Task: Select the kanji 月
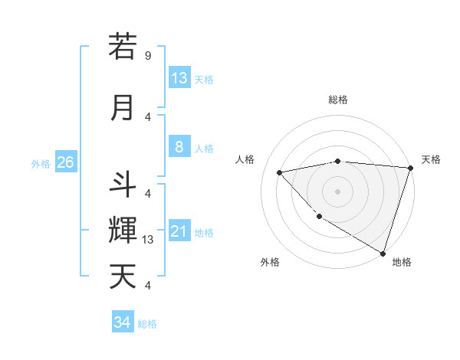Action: (x=123, y=107)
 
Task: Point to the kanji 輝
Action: (x=123, y=230)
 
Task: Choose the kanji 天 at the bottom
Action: (x=123, y=276)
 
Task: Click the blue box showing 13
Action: (x=179, y=78)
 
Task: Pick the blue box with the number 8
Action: (x=179, y=148)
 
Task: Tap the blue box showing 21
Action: (x=179, y=232)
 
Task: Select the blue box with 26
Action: (x=65, y=162)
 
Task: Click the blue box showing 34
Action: (x=122, y=323)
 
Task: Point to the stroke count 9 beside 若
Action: (x=148, y=55)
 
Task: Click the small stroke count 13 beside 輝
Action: (x=148, y=240)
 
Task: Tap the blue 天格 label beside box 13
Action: (x=204, y=79)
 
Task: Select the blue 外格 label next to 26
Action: (x=41, y=163)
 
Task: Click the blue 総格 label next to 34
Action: (x=147, y=324)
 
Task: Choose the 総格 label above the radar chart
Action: (x=338, y=100)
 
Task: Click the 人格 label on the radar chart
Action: (x=245, y=159)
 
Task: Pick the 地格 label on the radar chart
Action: (x=402, y=262)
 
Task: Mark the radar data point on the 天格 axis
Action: (x=410, y=168)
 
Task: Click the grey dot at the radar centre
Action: (x=338, y=191)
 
